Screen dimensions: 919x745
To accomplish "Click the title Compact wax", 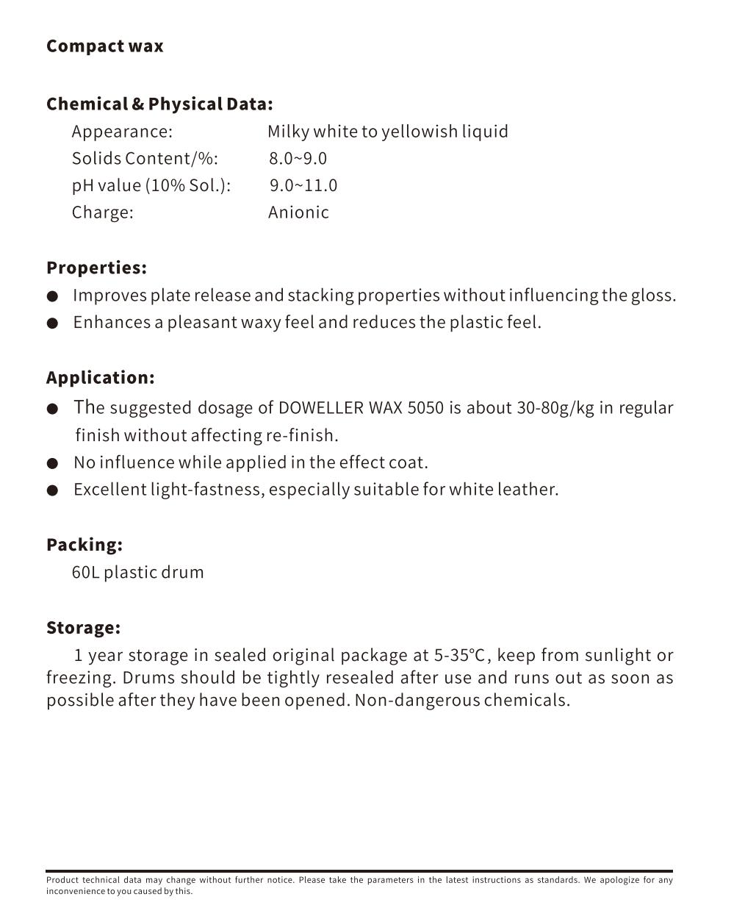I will (x=104, y=46).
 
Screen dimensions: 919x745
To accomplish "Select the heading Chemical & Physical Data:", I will (x=159, y=104).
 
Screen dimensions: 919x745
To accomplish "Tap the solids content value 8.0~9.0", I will (x=298, y=159).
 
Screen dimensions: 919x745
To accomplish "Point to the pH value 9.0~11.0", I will (x=303, y=185).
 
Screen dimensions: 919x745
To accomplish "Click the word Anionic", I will (x=298, y=212).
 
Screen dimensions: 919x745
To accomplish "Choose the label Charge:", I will (x=102, y=212).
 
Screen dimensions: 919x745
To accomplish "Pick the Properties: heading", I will (x=96, y=268).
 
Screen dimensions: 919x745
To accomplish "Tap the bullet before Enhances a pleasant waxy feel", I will (x=52, y=323).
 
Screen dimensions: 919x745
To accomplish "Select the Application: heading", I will (x=101, y=378).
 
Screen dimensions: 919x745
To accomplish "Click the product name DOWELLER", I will (x=321, y=408).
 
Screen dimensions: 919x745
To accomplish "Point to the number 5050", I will (x=425, y=408).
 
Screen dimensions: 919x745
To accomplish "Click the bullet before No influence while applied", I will (x=52, y=464).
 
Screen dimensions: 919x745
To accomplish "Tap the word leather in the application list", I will (x=531, y=490).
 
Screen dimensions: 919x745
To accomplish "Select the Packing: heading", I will (x=84, y=545).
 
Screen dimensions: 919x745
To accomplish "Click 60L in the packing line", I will (x=85, y=573).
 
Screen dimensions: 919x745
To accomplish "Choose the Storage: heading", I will (x=83, y=628).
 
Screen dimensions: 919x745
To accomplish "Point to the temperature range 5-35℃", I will (x=459, y=655).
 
